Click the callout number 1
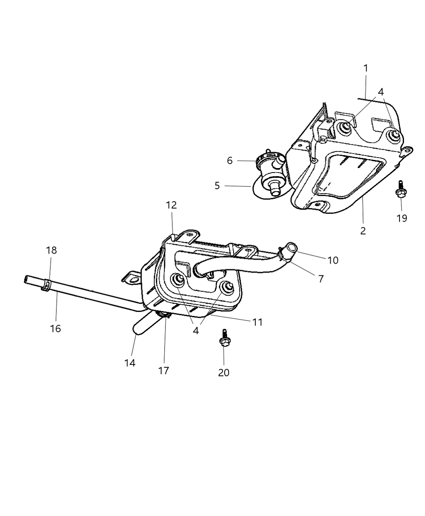[x=365, y=68]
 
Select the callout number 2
[x=363, y=231]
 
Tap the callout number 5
[x=217, y=186]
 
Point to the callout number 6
[x=229, y=161]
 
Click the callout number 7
[x=321, y=279]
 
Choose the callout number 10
[x=333, y=260]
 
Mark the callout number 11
[x=257, y=322]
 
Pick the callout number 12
[x=171, y=205]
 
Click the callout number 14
[x=130, y=363]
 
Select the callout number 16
[x=55, y=328]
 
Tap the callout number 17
[x=164, y=370]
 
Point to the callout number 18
[x=51, y=250]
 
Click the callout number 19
[x=402, y=218]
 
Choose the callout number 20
[x=223, y=372]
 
